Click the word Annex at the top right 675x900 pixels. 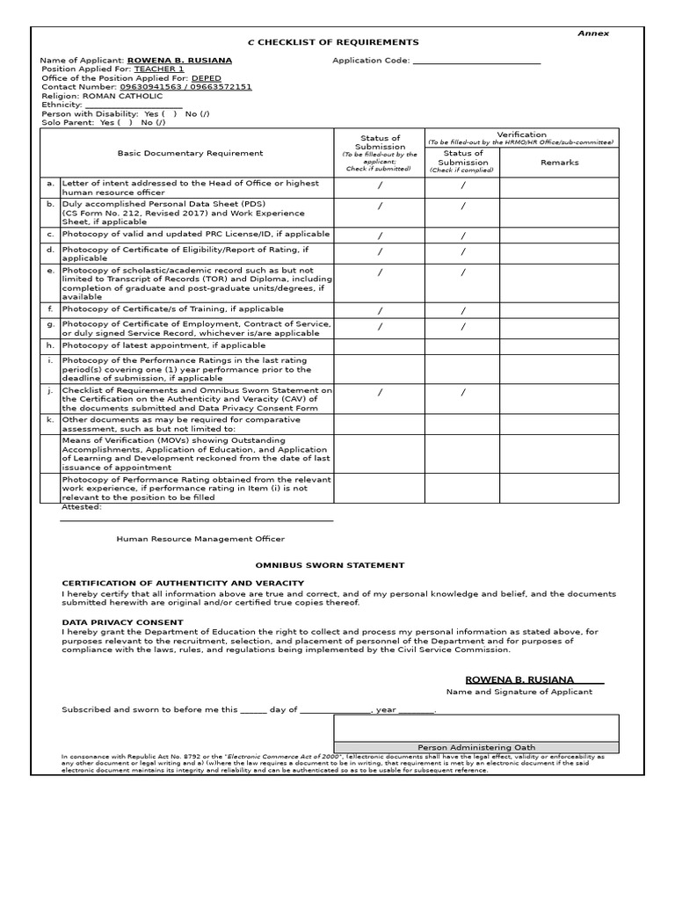click(592, 33)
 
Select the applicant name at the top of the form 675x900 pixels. click(179, 61)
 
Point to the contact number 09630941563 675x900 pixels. click(149, 87)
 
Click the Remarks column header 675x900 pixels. click(559, 163)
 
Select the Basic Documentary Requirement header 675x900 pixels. click(190, 153)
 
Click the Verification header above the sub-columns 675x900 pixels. click(521, 134)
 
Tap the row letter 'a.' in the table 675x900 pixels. click(51, 184)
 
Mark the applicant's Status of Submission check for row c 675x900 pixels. click(380, 236)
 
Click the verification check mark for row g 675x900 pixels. click(462, 327)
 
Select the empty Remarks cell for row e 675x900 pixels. click(559, 283)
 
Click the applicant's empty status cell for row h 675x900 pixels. click(380, 346)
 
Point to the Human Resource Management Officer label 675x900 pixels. click(200, 539)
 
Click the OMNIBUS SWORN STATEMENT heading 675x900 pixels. click(330, 565)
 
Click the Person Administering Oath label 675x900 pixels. click(475, 747)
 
